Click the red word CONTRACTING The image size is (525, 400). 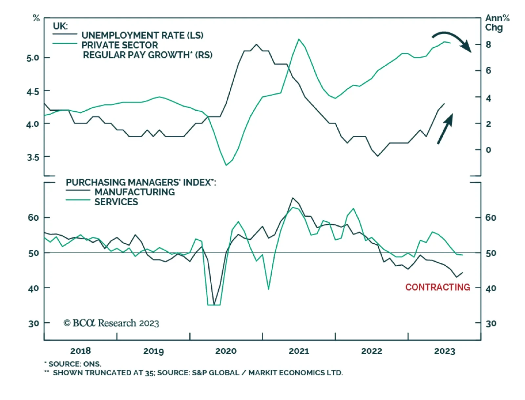tap(437, 287)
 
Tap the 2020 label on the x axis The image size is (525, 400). tap(226, 351)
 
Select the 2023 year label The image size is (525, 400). tap(445, 351)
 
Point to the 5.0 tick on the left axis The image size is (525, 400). tap(33, 58)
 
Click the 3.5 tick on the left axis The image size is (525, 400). tap(33, 157)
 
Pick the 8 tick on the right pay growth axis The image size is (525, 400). tap(488, 44)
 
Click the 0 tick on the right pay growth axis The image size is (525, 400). tap(488, 150)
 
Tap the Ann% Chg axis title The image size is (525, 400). tap(497, 23)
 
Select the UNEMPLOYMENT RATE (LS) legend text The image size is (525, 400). tap(142, 35)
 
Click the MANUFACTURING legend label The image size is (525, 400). tap(135, 192)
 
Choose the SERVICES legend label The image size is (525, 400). tap(116, 202)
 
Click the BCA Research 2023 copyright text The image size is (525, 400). tap(111, 323)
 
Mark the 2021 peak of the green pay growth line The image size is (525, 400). tap(299, 39)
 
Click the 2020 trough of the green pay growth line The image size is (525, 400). tap(226, 165)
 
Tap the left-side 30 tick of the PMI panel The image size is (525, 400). tap(33, 323)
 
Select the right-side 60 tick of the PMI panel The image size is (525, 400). tap(491, 217)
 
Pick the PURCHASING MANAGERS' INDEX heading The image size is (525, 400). tap(141, 182)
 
